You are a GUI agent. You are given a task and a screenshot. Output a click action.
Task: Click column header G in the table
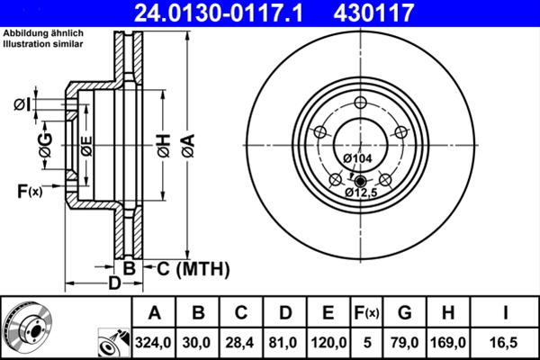click(404, 313)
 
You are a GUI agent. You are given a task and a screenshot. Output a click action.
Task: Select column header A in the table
click(154, 313)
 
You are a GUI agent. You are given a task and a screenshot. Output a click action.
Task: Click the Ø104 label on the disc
click(358, 158)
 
